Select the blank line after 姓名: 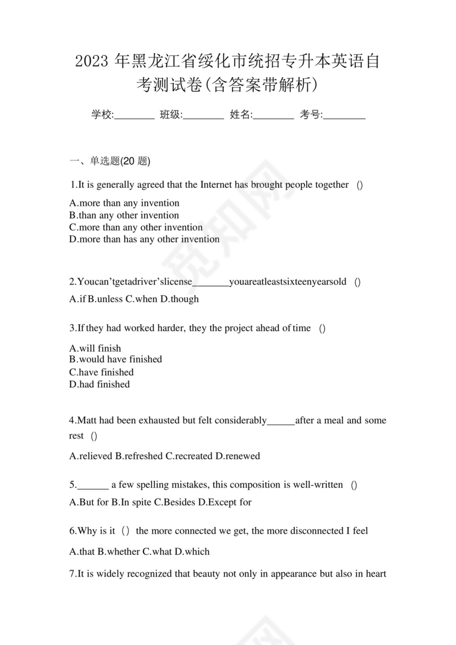tap(274, 116)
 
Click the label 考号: tap(311, 115)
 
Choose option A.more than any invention tap(125, 203)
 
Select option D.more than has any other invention tap(144, 239)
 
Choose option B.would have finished tap(116, 359)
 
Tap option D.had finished tap(99, 385)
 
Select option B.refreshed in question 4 tap(138, 456)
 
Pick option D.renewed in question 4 tap(237, 456)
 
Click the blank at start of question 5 tap(93, 486)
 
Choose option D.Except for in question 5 tap(224, 502)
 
